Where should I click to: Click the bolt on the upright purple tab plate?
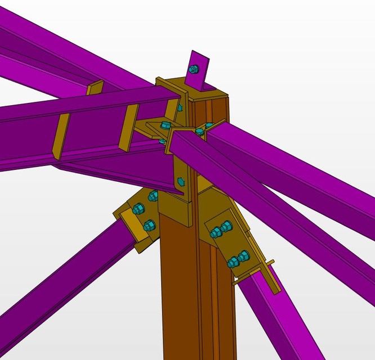(x=194, y=69)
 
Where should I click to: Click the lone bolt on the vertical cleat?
(x=181, y=181)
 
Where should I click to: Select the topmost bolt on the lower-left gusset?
(x=153, y=196)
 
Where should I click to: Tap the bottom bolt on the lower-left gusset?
(x=149, y=226)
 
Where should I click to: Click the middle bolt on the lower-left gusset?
(x=139, y=209)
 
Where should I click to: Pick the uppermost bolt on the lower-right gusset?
(x=226, y=226)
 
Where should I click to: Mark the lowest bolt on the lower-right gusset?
(x=233, y=262)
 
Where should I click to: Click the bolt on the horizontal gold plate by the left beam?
(x=165, y=125)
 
